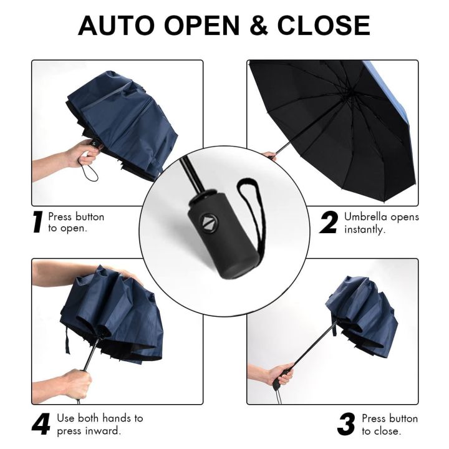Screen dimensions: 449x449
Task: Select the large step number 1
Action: click(39, 223)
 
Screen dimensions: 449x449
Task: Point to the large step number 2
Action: click(329, 223)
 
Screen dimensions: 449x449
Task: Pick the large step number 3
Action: click(346, 425)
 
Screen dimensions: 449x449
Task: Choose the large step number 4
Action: click(41, 425)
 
